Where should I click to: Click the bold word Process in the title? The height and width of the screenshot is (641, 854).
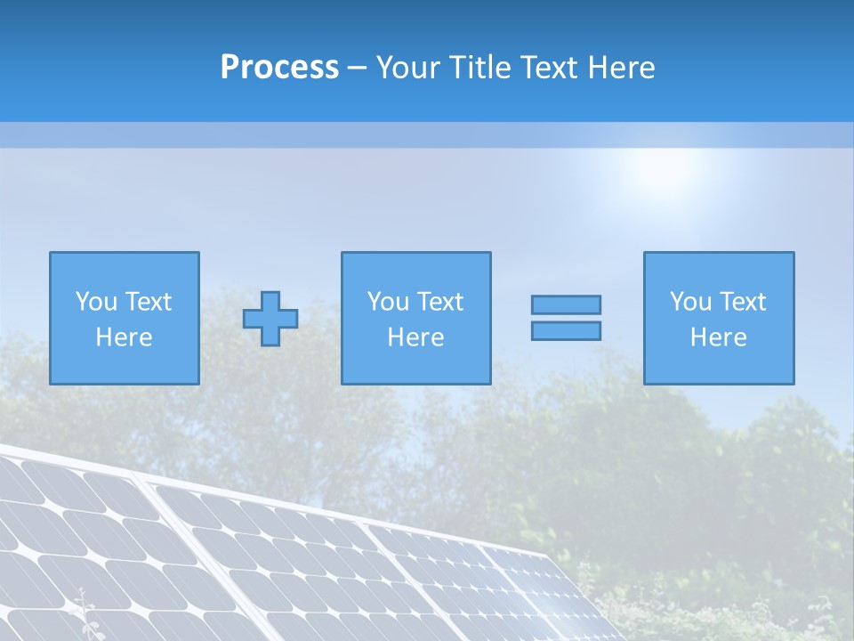point(279,68)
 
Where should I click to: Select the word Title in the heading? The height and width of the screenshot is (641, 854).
point(480,68)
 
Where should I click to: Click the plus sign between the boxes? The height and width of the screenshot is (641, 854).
point(270,319)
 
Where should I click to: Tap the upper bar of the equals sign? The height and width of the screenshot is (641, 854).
point(566,304)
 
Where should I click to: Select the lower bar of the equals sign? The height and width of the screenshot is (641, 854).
point(566,330)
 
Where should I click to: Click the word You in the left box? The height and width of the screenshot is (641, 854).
point(96,302)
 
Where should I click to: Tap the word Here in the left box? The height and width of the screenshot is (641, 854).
point(124,337)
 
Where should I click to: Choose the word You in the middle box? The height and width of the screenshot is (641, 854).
point(388,302)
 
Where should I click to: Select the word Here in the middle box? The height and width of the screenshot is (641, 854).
point(415,337)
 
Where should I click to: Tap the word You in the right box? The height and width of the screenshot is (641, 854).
point(690,302)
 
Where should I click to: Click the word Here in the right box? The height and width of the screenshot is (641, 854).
point(718,337)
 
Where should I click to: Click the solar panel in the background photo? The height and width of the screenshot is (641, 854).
point(267,561)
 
